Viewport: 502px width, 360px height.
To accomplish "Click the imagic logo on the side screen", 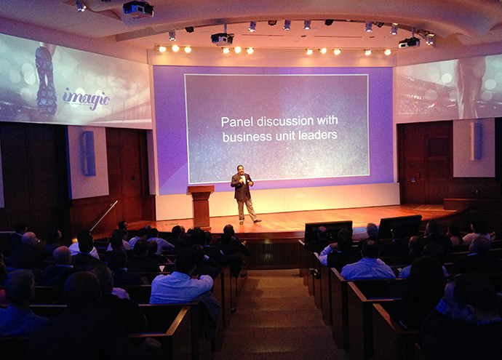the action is (x=86, y=98).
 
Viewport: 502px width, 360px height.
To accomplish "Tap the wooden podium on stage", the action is (x=201, y=207).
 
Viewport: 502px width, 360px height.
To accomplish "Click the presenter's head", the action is (x=241, y=170).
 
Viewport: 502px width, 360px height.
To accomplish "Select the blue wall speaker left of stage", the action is (x=89, y=153).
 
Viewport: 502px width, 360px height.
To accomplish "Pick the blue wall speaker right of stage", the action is (x=477, y=141).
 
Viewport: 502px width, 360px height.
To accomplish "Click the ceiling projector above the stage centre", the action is (x=222, y=39).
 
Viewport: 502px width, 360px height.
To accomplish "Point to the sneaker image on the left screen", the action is (x=46, y=82).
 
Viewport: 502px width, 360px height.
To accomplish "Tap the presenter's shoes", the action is (x=250, y=222).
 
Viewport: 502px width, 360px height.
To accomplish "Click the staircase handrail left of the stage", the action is (x=104, y=215).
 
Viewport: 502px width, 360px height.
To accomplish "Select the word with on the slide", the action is (x=327, y=120).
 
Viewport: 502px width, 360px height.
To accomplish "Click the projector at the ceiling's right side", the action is (x=409, y=43).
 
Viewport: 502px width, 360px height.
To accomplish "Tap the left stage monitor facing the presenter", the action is (x=328, y=231).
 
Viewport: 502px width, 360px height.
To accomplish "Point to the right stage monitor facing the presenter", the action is (x=400, y=226).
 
